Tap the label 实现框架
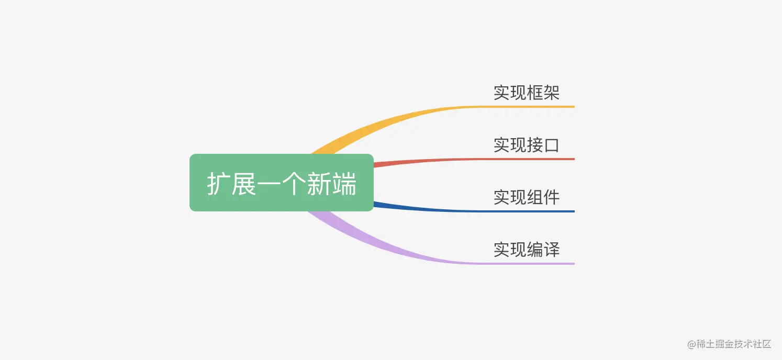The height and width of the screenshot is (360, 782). click(526, 93)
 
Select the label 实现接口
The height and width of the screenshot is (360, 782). click(526, 145)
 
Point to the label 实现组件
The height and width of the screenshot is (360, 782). click(526, 197)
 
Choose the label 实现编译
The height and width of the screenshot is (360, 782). click(526, 250)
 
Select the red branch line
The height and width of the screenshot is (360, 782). click(445, 161)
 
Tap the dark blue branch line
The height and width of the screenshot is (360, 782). click(445, 210)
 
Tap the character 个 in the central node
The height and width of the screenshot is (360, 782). click(294, 184)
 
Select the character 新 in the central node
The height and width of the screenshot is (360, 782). click(319, 184)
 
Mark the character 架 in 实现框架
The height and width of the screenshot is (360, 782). click(551, 93)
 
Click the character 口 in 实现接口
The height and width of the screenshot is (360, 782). click(551, 145)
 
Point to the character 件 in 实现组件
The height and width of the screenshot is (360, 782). click(551, 197)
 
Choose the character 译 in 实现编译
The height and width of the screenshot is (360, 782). click(551, 250)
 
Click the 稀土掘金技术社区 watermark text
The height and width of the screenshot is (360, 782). click(734, 344)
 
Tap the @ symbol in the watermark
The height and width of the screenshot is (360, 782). click(691, 344)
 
